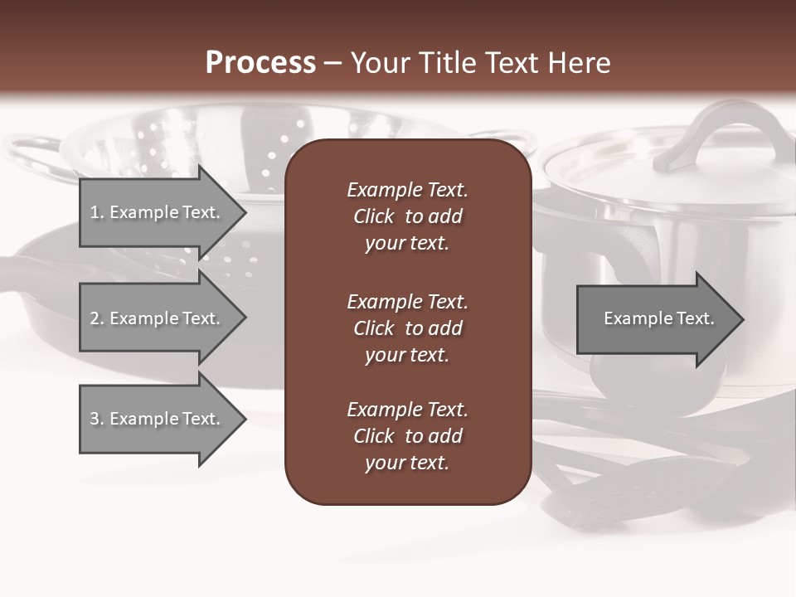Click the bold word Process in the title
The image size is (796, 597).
pyautogui.click(x=260, y=63)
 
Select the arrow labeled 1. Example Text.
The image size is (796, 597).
pyautogui.click(x=158, y=212)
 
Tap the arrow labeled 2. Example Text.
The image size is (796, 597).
pyautogui.click(x=158, y=318)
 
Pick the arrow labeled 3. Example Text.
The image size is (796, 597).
pyautogui.click(x=158, y=419)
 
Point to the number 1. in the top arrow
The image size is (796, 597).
pyautogui.click(x=97, y=212)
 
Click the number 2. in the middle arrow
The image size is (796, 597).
pyautogui.click(x=97, y=318)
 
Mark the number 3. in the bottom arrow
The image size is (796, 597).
pyautogui.click(x=97, y=419)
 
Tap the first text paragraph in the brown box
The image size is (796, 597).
pyautogui.click(x=407, y=216)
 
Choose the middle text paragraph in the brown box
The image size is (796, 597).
pyautogui.click(x=407, y=328)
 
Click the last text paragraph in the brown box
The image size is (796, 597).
pyautogui.click(x=407, y=436)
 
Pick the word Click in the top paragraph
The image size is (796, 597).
pyautogui.click(x=373, y=216)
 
